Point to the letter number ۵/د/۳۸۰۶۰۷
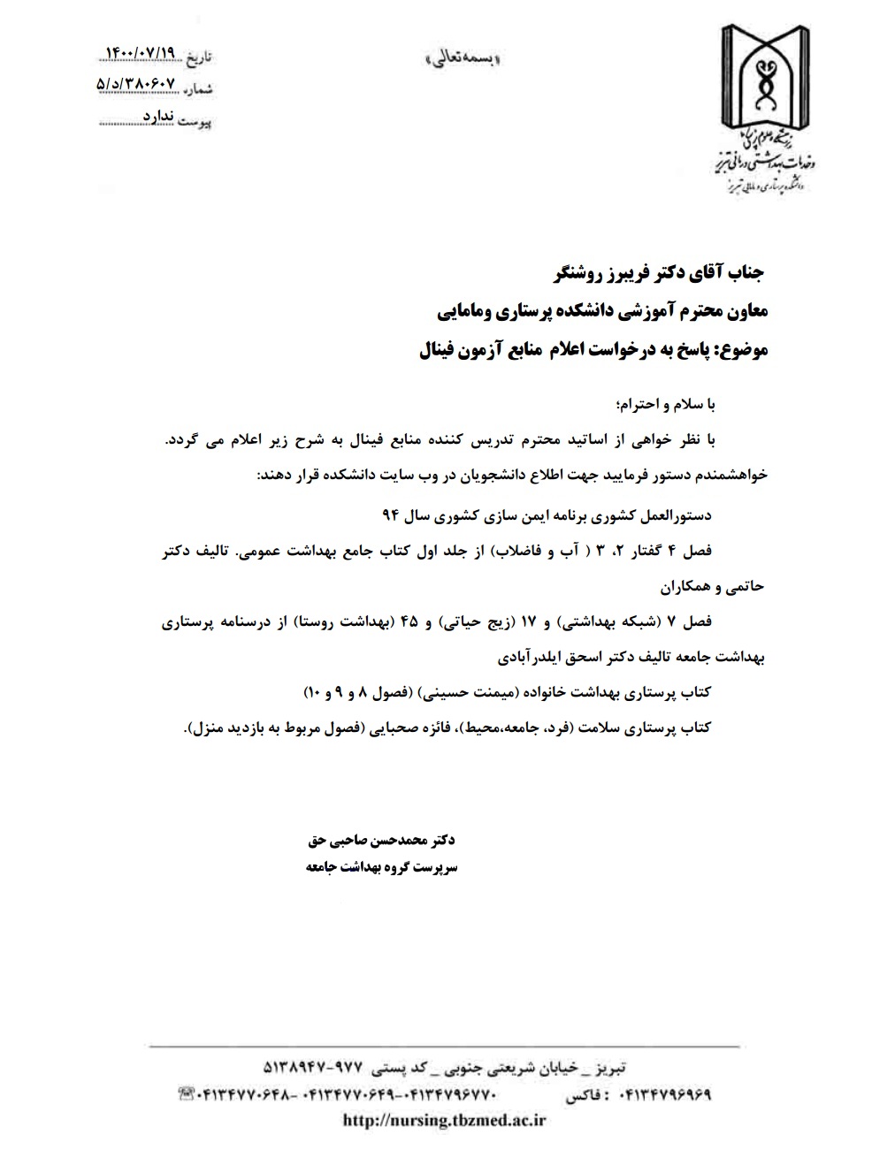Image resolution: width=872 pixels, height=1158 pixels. [137, 84]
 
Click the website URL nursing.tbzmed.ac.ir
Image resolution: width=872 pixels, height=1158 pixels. [444, 1120]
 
